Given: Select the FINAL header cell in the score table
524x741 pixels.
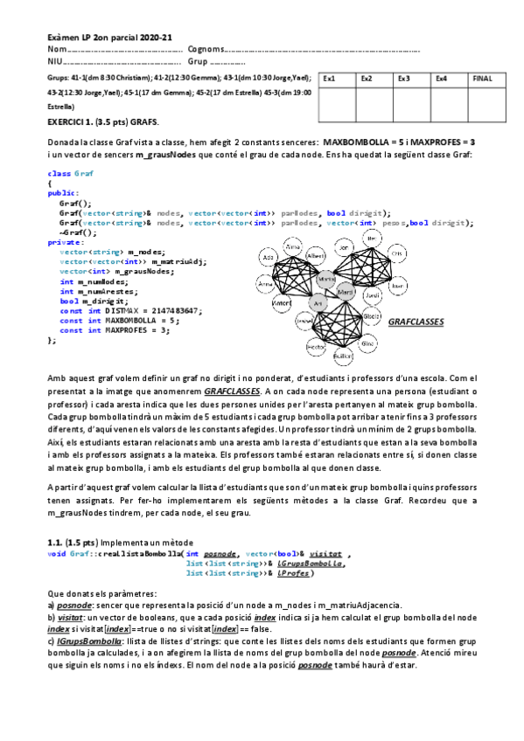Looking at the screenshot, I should pyautogui.click(x=482, y=79).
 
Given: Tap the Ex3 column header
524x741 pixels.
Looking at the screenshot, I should pyautogui.click(x=404, y=79).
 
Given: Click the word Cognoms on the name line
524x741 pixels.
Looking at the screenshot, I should pyautogui.click(x=206, y=50).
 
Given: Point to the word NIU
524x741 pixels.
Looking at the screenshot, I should pyautogui.click(x=54, y=62).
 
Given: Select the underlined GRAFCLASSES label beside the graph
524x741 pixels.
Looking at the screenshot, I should pyautogui.click(x=416, y=322).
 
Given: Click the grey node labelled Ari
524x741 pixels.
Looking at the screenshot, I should pyautogui.click(x=318, y=302).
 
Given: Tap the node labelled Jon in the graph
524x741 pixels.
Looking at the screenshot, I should pyautogui.click(x=342, y=248).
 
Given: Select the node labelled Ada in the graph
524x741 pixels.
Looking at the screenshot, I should pyautogui.click(x=269, y=259).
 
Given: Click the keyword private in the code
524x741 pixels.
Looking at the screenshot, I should pyautogui.click(x=62, y=242).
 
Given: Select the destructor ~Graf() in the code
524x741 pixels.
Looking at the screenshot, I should pyautogui.click(x=78, y=232).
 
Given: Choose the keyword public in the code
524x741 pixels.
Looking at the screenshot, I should pyautogui.click(x=61, y=192).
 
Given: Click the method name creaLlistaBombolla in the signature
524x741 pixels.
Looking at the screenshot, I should pyautogui.click(x=140, y=554).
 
